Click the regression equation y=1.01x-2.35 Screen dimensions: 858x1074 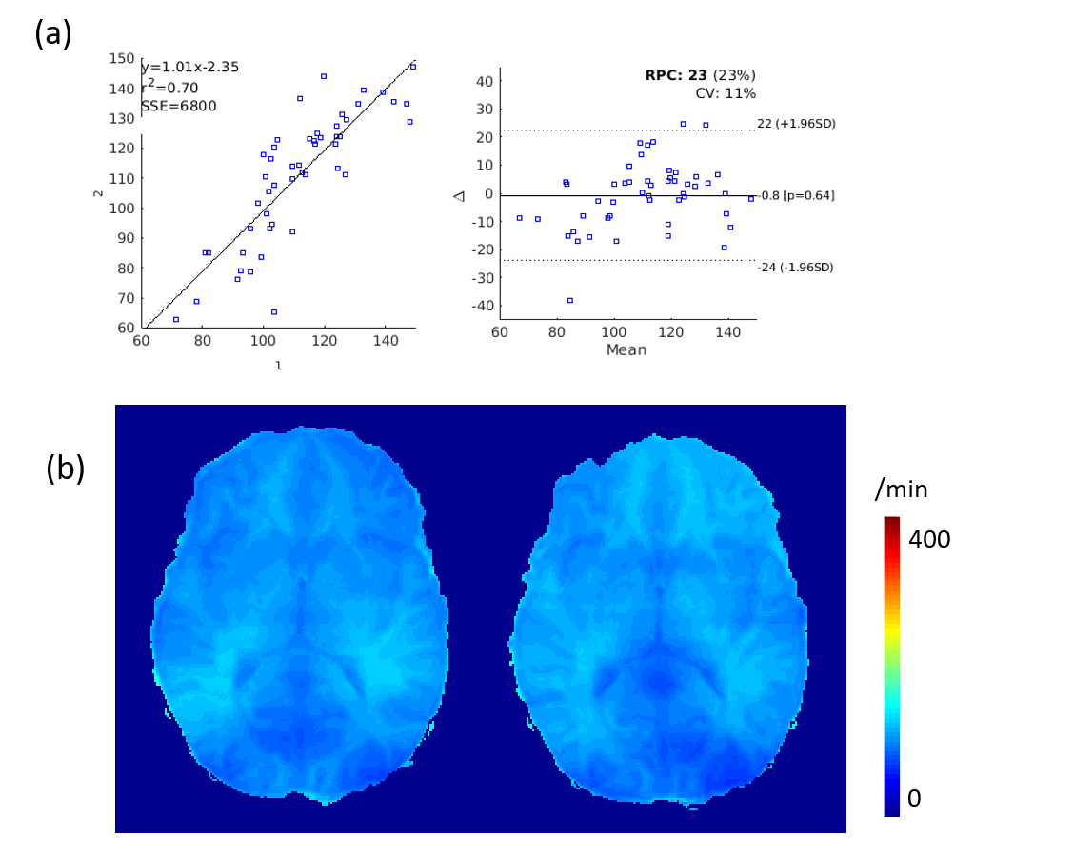coord(189,67)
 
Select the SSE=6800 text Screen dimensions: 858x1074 coord(178,106)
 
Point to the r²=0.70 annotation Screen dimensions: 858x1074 coord(169,87)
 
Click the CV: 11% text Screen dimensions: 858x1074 coord(726,93)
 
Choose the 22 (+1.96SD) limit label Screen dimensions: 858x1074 coord(796,124)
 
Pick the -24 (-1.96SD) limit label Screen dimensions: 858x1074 coord(795,268)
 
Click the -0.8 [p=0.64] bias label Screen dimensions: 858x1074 coord(796,196)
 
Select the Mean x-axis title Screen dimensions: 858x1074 coord(626,349)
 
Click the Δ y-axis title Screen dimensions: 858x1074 coord(459,194)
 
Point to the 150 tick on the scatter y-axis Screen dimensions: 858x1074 coord(122,59)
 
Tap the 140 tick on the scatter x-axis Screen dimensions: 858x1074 coord(385,339)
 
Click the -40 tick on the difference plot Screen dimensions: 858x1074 coord(481,307)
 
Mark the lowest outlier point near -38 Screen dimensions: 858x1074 coord(570,301)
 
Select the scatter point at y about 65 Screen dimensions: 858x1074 coord(274,312)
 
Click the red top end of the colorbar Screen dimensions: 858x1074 coord(891,521)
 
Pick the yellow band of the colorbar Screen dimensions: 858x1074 coord(891,629)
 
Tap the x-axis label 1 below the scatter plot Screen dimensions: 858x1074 coord(278,366)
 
